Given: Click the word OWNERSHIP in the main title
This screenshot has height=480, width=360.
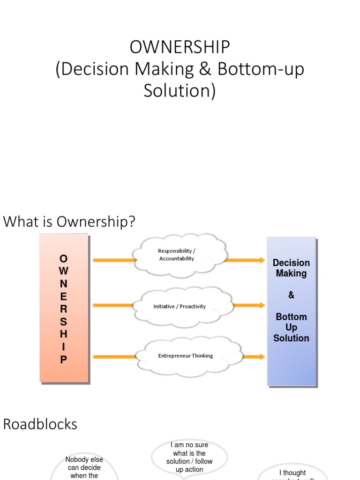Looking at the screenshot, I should tap(180, 47).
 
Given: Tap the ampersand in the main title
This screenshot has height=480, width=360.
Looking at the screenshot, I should tap(205, 69).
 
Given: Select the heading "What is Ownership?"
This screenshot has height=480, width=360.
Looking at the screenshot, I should tap(69, 221).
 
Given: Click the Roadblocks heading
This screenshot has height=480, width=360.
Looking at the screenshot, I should tap(40, 424).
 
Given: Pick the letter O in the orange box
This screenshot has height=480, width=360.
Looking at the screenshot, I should tap(64, 258).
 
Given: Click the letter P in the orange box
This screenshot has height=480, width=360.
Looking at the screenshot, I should tap(64, 360).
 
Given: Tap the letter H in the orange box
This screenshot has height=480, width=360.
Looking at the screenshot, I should tap(64, 334).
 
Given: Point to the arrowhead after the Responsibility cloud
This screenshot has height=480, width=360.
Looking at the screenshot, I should tap(261, 260).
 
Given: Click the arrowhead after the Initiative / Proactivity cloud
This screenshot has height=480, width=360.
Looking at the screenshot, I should tap(261, 306).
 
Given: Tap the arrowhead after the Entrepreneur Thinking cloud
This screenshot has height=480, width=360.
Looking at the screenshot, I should tap(261, 357).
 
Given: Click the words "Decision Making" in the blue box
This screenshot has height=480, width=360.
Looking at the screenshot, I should tap(291, 268).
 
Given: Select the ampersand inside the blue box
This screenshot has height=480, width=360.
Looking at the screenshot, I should tap(291, 295).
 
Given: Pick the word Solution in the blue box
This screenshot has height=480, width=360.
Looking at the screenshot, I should tap(291, 338).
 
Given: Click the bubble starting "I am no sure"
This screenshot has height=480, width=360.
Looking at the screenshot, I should tap(189, 457).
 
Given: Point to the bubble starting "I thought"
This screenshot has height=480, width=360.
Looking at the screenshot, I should tap(292, 472).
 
